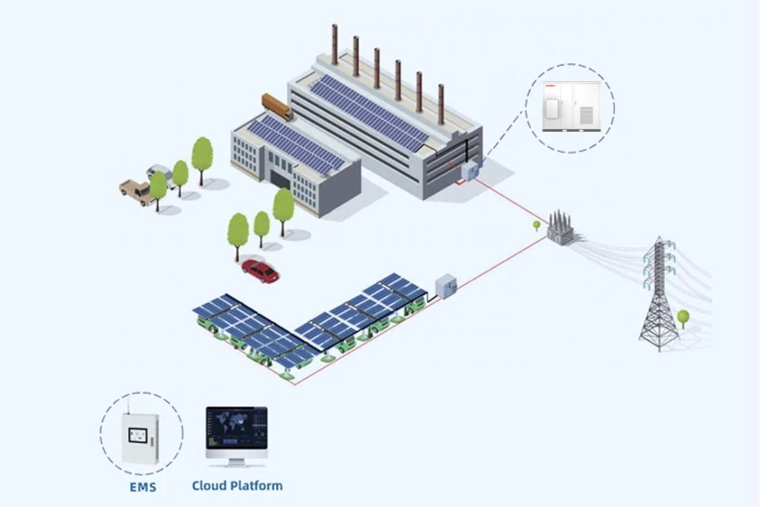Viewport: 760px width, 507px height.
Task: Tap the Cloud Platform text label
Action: pyautogui.click(x=237, y=486)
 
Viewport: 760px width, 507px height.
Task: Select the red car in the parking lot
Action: pyautogui.click(x=260, y=271)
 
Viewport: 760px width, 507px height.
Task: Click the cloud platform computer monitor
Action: pyautogui.click(x=236, y=429)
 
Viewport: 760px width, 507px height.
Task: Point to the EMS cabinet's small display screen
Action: pyautogui.click(x=137, y=435)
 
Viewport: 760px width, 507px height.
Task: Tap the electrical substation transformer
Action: pyautogui.click(x=560, y=228)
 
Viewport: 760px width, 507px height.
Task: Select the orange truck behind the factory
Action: pyautogui.click(x=277, y=106)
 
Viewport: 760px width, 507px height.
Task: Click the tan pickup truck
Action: pyautogui.click(x=136, y=191)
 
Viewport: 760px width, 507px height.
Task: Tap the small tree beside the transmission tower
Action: pyautogui.click(x=683, y=316)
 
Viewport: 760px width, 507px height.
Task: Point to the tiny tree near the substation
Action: pyautogui.click(x=536, y=224)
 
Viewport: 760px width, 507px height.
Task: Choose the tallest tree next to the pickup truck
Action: pyautogui.click(x=202, y=155)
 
